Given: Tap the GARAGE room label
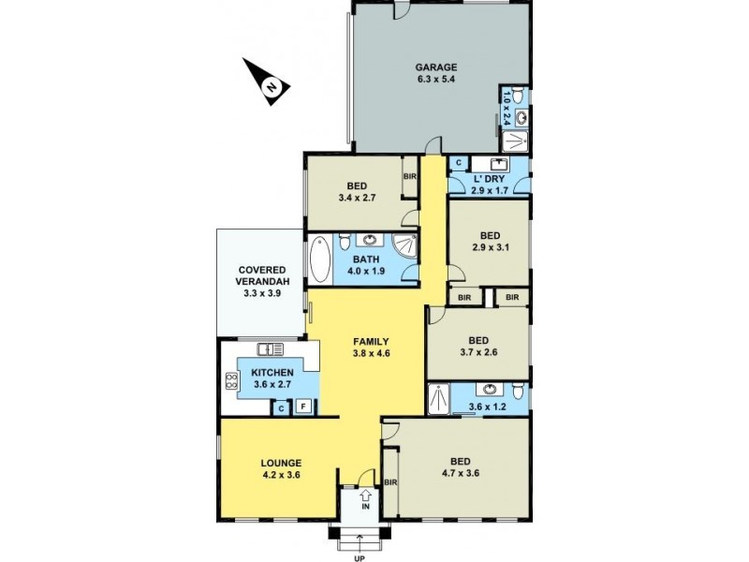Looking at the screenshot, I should [436, 67].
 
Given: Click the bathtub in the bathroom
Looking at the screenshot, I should [318, 259].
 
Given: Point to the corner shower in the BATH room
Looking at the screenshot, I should [404, 247].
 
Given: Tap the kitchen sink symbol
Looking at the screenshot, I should [270, 349].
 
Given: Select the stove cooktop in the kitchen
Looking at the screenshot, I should [230, 380].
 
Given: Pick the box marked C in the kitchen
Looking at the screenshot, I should [280, 407].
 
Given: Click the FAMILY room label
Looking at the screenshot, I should [371, 341].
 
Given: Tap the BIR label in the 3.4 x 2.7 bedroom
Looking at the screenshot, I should [409, 176].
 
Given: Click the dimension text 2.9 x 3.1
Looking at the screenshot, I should [491, 248].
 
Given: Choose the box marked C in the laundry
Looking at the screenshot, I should [457, 163].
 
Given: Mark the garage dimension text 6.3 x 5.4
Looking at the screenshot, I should [436, 81].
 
